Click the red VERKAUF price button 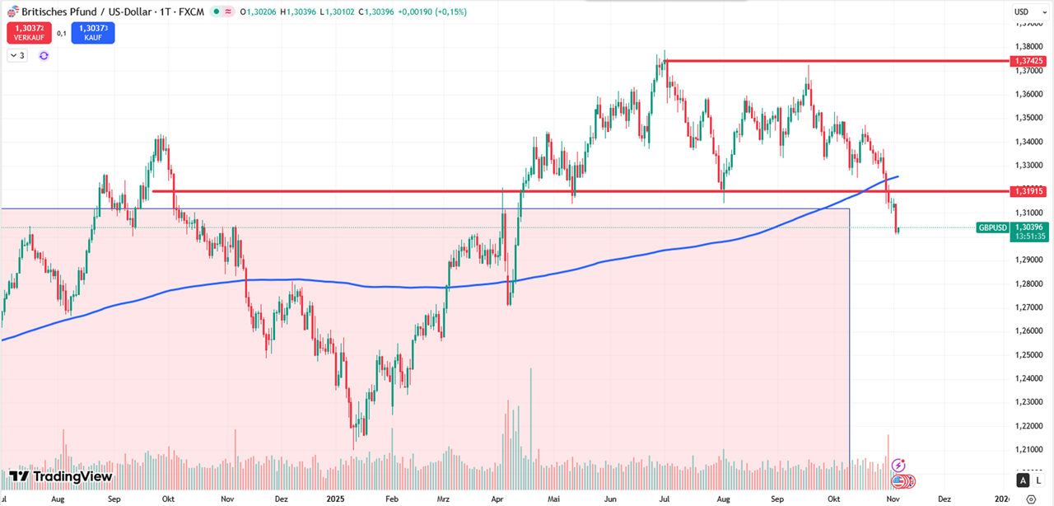click(x=28, y=32)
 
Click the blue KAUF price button click(x=93, y=32)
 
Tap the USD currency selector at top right click(x=1022, y=12)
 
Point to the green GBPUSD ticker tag click(x=992, y=227)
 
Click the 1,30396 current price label click(x=1029, y=227)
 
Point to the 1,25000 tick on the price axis click(x=1029, y=355)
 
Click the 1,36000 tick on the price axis click(x=1029, y=94)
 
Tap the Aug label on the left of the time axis click(x=58, y=499)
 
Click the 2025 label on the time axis click(x=334, y=499)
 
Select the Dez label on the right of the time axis click(x=944, y=499)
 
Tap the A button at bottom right click(x=1023, y=480)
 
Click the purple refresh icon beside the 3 click(x=44, y=55)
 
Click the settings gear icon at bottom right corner click(x=1031, y=499)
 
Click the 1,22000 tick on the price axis click(x=1029, y=426)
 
